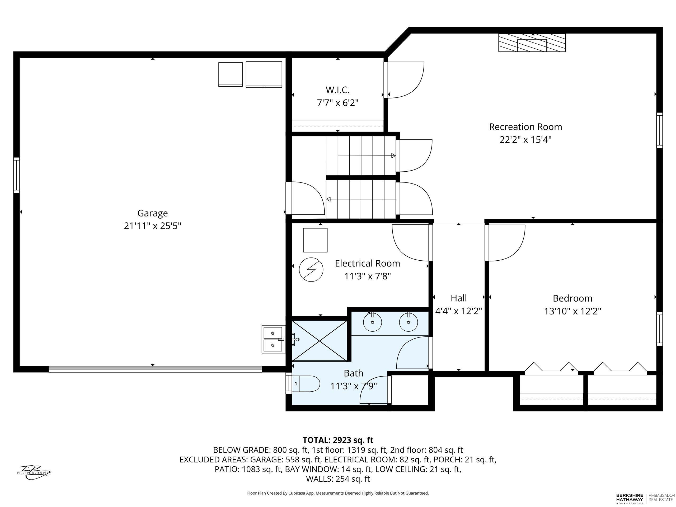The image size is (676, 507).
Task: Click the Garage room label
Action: (153, 213)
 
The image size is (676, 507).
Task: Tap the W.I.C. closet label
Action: (337, 90)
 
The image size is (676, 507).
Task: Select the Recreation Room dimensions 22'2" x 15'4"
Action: (525, 140)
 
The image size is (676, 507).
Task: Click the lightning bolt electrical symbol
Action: (311, 270)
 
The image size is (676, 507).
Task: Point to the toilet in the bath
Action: (306, 383)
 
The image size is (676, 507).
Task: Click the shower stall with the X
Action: (320, 341)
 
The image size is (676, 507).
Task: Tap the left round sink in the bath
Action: (373, 322)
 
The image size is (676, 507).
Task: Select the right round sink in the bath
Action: (408, 322)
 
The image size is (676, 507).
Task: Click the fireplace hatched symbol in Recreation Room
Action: (532, 43)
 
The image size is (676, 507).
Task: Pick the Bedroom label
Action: (572, 298)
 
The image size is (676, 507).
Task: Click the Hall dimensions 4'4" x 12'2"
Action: (458, 311)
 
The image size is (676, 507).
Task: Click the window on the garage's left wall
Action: (16, 175)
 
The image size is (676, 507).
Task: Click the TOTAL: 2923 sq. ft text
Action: (338, 440)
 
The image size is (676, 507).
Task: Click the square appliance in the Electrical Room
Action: (315, 240)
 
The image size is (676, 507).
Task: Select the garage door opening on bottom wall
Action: (155, 369)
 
